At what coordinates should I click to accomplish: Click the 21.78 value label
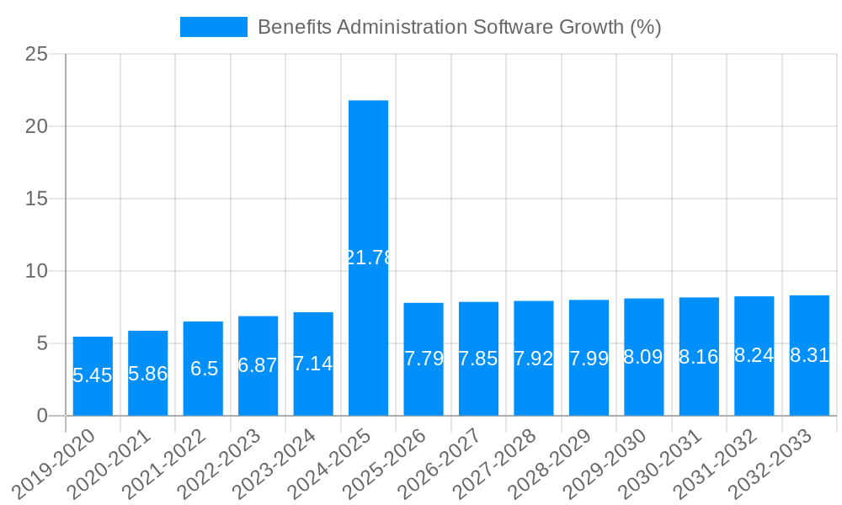[x=369, y=258]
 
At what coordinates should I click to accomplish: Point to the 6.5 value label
[x=203, y=368]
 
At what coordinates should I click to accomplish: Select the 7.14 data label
[x=313, y=364]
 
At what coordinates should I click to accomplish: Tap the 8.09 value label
[x=644, y=357]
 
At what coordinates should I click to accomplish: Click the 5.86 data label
[x=148, y=374]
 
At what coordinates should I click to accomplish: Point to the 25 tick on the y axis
[x=36, y=54]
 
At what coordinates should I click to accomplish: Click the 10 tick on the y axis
[x=36, y=271]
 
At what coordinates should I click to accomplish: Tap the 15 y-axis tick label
[x=36, y=199]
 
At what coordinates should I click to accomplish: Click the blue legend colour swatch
[x=214, y=27]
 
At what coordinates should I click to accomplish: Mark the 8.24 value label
[x=754, y=355]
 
